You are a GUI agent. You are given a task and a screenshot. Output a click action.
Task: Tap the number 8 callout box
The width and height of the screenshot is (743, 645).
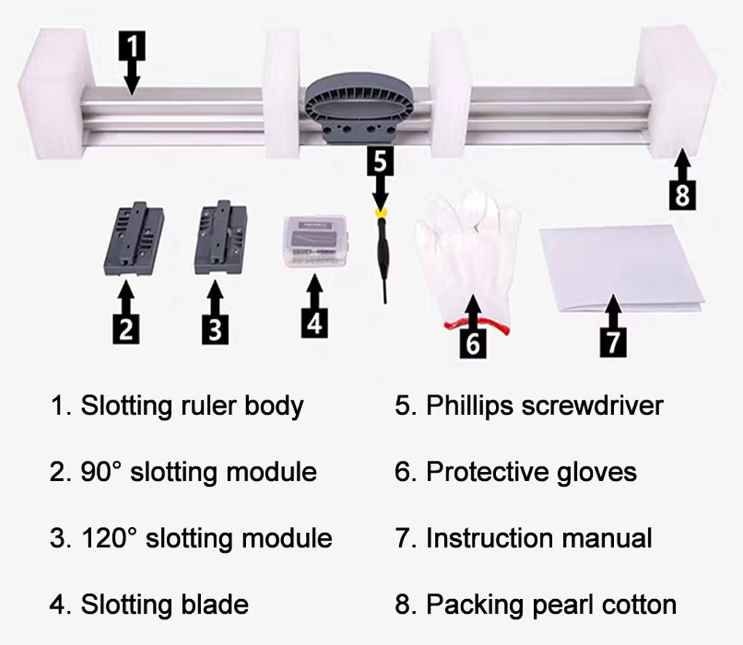(x=682, y=195)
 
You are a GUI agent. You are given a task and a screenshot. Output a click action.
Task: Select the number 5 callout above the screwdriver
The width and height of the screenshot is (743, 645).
(x=380, y=161)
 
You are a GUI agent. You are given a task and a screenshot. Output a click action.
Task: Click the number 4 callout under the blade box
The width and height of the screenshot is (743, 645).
(x=315, y=322)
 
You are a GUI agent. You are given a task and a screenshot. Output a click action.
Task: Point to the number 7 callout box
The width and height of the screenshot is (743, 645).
(x=613, y=342)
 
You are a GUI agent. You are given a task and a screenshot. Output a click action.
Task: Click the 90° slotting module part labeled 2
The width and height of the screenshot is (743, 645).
(x=133, y=239)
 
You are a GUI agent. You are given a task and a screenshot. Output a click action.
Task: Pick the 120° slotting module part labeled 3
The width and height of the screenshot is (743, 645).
(x=221, y=237)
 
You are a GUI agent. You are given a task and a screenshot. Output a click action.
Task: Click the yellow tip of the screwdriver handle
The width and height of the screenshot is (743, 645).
(x=380, y=213)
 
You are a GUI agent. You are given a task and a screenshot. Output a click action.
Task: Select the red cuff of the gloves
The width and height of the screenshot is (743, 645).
(x=476, y=326)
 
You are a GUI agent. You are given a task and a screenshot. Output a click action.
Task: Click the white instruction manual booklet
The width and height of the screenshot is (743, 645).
(x=621, y=268)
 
